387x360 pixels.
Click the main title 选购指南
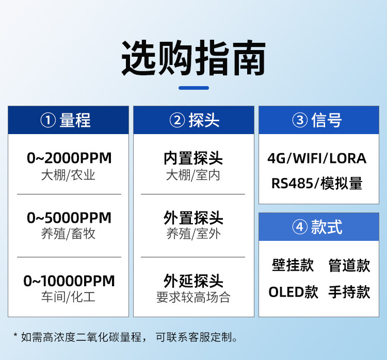[193, 58]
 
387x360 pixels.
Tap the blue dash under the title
[193, 88]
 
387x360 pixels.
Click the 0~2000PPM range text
[69, 158]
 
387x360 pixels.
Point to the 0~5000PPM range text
[69, 218]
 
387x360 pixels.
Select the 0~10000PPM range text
[69, 281]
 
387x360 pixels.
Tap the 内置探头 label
[193, 158]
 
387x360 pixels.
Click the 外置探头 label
[193, 218]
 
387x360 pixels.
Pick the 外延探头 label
[193, 281]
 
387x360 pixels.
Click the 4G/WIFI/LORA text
[317, 158]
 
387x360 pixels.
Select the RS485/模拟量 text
[317, 184]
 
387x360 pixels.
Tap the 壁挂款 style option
[293, 265]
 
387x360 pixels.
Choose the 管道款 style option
[349, 265]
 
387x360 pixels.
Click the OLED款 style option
[293, 292]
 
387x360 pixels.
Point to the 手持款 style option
[349, 292]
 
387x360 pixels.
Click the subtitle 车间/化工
[68, 297]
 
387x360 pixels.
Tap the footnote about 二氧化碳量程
[125, 337]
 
